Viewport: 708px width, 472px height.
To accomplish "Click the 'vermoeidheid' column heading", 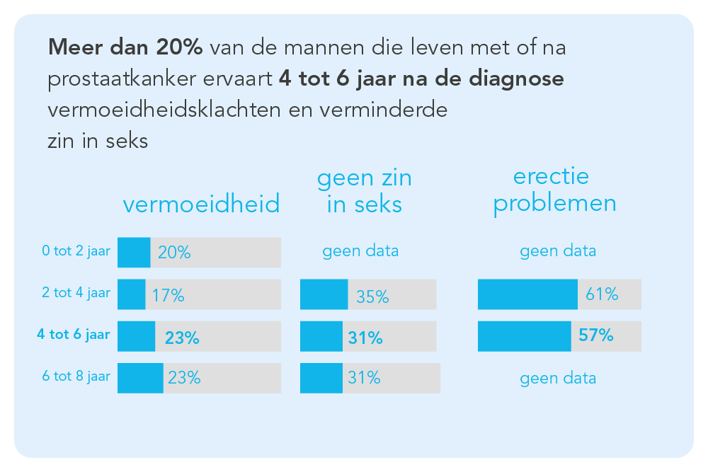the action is tap(201, 205).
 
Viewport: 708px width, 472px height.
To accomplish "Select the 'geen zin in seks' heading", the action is tap(364, 191).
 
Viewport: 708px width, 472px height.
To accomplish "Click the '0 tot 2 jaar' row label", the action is tap(76, 251).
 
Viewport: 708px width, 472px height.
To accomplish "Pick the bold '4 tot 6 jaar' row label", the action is tap(73, 335).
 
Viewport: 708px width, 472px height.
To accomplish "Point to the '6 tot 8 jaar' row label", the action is tap(76, 376).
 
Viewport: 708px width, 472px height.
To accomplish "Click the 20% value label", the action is tap(174, 253).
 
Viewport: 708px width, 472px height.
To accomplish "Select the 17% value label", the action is tap(168, 296).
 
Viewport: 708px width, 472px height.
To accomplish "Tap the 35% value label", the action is tap(372, 296).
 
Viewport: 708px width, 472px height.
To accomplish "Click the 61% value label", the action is tap(601, 294).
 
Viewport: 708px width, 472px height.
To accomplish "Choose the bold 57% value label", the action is tap(595, 335).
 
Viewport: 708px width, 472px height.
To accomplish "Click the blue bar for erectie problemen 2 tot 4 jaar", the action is tap(527, 294).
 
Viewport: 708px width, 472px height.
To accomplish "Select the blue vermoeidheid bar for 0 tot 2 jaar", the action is tap(134, 253).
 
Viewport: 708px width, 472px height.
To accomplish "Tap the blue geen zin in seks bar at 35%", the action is tap(324, 294).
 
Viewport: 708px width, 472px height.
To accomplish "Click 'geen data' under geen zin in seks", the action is tap(360, 251).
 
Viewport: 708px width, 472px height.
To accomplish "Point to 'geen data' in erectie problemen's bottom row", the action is tap(558, 378).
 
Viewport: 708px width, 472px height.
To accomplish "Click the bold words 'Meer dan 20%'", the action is tap(126, 48).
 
